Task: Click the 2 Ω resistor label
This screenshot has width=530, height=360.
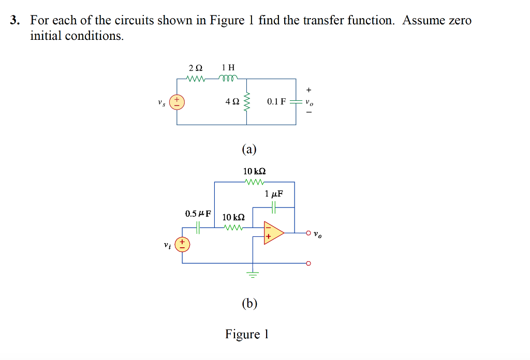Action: tap(196, 68)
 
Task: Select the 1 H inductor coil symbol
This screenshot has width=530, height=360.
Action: tap(228, 79)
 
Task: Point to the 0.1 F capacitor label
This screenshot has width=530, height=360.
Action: tap(276, 102)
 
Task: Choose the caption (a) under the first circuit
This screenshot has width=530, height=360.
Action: tap(249, 149)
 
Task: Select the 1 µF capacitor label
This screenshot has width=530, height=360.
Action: tap(274, 194)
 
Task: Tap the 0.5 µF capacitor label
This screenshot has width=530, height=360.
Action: tap(198, 213)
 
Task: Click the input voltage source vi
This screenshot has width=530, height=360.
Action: tap(182, 244)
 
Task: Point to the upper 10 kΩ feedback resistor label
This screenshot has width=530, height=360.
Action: tap(254, 171)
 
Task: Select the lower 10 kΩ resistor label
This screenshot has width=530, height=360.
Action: tap(233, 217)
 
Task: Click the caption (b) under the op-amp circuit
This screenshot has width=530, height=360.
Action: tap(249, 303)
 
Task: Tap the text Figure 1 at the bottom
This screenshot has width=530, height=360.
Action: tap(246, 334)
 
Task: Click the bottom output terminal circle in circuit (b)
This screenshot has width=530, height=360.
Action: tap(308, 263)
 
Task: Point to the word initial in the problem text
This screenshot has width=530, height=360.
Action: tap(46, 36)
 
